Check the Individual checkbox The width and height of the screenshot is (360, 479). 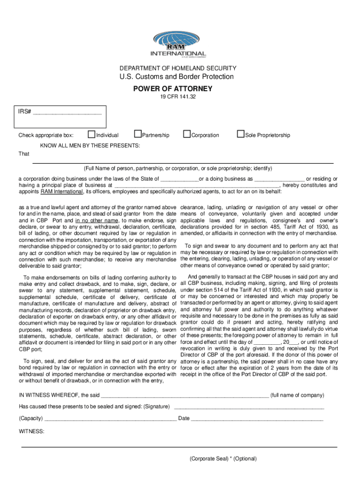coord(92,135)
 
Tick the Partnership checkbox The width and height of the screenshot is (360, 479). coord(137,135)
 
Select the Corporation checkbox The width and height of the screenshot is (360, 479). coord(187,135)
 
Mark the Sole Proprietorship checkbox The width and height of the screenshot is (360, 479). coord(241,135)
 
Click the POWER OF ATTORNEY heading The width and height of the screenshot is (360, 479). coord(180,89)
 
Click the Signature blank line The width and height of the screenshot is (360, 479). coord(248,406)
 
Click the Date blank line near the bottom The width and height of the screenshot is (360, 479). coord(257,418)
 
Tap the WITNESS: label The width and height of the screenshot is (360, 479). coord(31,431)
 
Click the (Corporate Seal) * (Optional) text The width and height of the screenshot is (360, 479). coord(223,459)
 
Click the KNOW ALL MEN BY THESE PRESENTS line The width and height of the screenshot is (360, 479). coord(90,146)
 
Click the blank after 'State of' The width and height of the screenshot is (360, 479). coord(180,179)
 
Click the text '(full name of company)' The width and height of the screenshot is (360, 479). coord(297,395)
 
